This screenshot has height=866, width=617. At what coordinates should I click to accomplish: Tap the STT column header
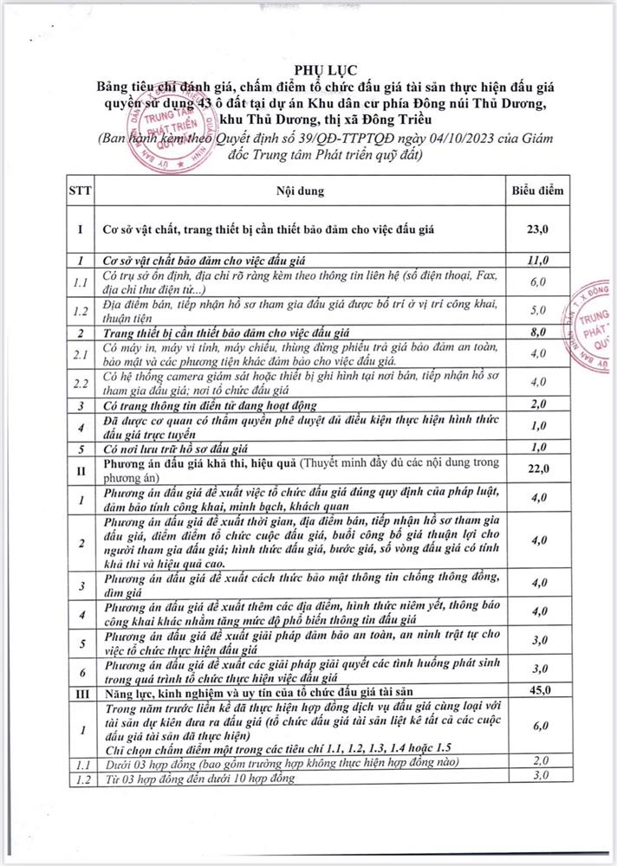79,189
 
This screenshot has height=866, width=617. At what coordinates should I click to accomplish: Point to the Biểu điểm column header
537,189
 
